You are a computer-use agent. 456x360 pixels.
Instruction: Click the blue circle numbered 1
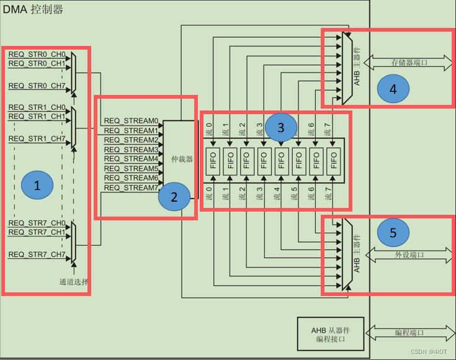click(37, 184)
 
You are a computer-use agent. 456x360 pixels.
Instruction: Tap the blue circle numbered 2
click(174, 197)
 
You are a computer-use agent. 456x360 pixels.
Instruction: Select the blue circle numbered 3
click(280, 128)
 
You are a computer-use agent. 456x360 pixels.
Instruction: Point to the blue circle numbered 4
click(393, 89)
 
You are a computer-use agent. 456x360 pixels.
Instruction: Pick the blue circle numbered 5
click(393, 232)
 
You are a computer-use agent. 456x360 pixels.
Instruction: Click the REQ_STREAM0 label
click(131, 121)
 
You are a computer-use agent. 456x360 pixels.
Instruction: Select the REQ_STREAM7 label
click(131, 187)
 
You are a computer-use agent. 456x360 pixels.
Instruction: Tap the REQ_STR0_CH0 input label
click(37, 55)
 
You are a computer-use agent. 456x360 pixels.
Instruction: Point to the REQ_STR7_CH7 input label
click(37, 254)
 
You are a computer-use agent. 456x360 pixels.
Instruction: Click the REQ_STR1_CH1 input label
click(37, 116)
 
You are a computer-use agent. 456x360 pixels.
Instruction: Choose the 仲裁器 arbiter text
click(182, 159)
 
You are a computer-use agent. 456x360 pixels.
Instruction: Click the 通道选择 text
click(74, 282)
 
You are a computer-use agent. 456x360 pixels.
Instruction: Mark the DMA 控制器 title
click(34, 9)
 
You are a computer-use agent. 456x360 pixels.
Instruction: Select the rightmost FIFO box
click(334, 161)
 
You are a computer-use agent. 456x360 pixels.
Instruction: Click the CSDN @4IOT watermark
click(428, 351)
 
